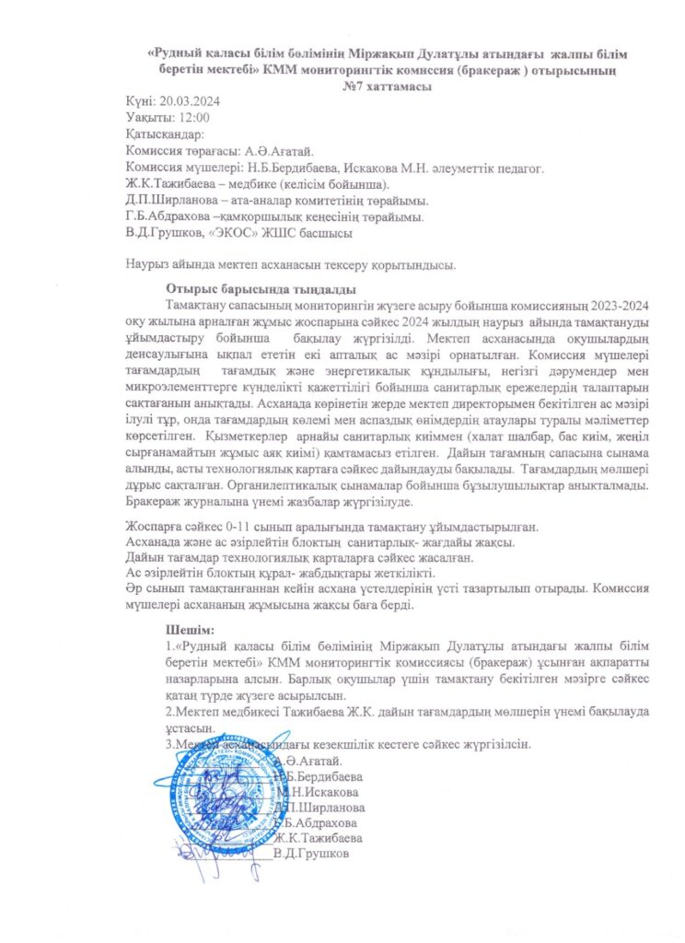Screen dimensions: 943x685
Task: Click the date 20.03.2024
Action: click(189, 101)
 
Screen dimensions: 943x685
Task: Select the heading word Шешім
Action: click(189, 631)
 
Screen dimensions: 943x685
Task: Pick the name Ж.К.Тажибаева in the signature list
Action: click(319, 838)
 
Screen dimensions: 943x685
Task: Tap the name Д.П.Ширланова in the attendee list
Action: click(174, 200)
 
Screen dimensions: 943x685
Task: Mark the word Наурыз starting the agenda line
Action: click(149, 266)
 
